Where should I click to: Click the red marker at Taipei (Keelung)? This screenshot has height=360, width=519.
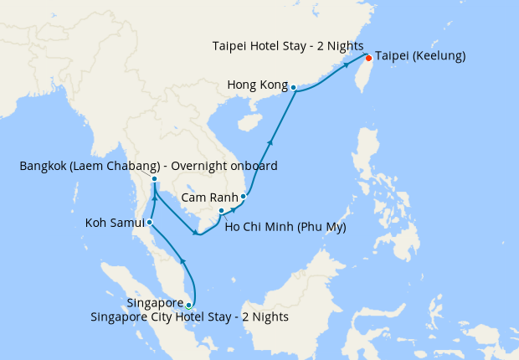368,58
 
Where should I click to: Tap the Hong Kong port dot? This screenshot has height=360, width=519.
294,86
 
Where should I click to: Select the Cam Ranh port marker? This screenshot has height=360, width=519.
244,197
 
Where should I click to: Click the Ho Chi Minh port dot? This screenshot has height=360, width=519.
221,210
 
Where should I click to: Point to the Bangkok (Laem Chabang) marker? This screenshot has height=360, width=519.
155,179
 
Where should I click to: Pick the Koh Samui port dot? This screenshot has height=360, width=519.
149,223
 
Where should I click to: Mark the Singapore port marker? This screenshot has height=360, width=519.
189,305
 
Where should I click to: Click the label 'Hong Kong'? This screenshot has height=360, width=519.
258,85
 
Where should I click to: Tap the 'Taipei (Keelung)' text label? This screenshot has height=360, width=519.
420,57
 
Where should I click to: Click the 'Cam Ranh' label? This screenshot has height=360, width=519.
209,198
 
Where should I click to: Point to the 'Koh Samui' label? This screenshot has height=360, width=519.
115,224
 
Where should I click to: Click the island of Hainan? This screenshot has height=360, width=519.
248,123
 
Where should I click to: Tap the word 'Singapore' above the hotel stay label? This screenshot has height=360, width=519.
156,302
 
